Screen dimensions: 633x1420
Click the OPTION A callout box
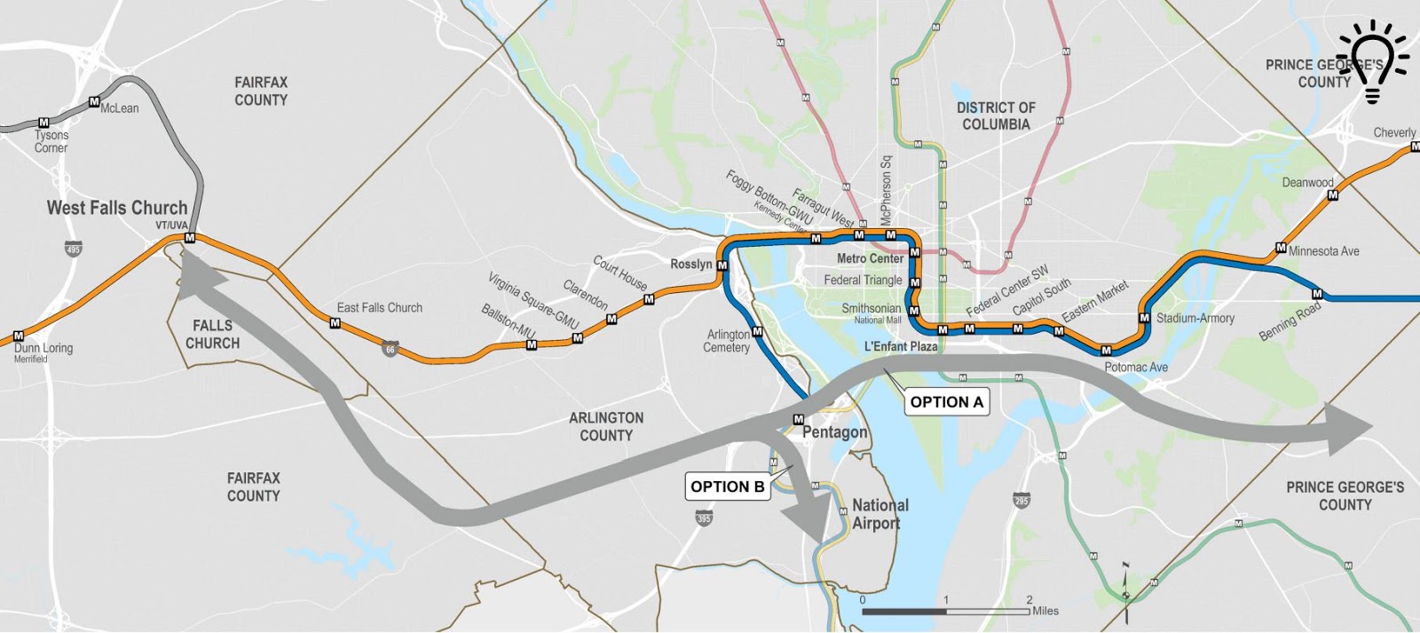(x=946, y=402)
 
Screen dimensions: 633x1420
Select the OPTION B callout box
(x=727, y=487)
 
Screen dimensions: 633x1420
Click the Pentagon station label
(x=834, y=432)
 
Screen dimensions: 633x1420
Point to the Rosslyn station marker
(x=722, y=265)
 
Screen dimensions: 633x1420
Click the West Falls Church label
(x=116, y=208)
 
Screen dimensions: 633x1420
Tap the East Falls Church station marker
(x=335, y=323)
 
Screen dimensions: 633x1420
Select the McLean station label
(x=120, y=108)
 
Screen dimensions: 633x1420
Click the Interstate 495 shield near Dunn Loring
(x=73, y=249)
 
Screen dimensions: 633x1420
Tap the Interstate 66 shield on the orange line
(x=390, y=349)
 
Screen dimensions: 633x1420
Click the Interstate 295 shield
(x=1021, y=501)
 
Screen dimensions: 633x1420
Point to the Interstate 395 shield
(x=704, y=518)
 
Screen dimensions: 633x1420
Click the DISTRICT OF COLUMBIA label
(x=996, y=116)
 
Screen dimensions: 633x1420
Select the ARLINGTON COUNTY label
(x=606, y=426)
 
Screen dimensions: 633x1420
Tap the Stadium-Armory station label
(x=1195, y=318)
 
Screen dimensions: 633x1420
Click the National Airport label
(x=880, y=514)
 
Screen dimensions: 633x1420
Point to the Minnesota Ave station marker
(x=1281, y=248)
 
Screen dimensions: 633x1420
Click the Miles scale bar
(x=945, y=611)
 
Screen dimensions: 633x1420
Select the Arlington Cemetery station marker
(x=757, y=332)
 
